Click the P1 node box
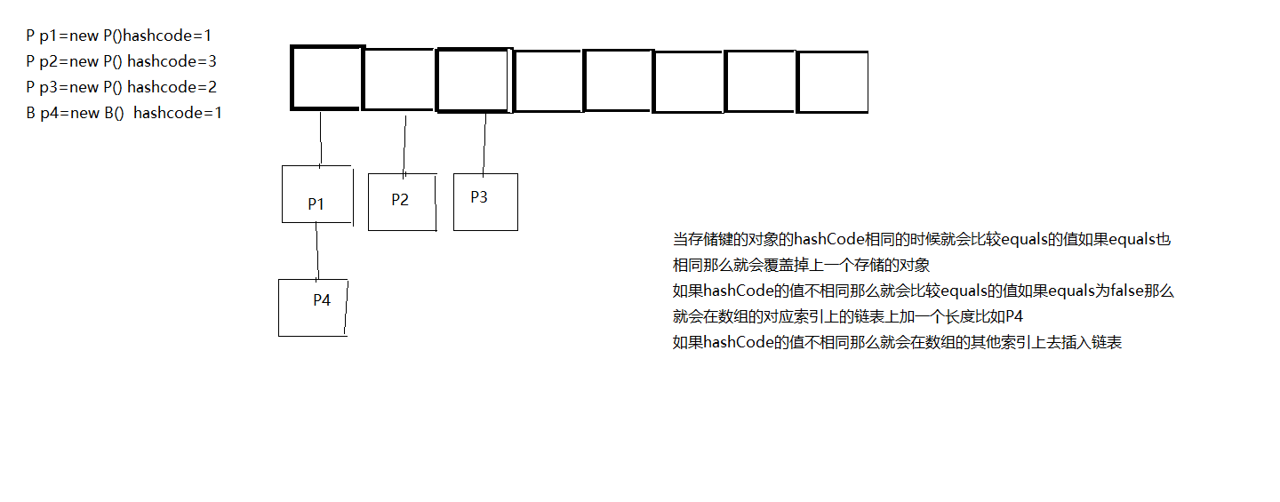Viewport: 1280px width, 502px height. (316, 194)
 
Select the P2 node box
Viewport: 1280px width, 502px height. (402, 202)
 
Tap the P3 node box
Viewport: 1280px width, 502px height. (485, 202)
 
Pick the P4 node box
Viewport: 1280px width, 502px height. (313, 307)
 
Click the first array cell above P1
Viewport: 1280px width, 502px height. (326, 77)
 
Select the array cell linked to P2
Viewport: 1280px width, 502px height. (399, 80)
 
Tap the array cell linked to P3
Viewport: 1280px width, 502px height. (474, 80)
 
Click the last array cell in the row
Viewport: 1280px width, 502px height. (832, 83)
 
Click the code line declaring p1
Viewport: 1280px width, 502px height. (119, 36)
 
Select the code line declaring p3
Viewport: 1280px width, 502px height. (122, 87)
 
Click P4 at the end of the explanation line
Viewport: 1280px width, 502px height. (1013, 316)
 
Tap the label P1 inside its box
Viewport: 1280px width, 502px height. (316, 203)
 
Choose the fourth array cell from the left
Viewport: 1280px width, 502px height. (548, 82)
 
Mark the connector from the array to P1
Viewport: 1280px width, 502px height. (320, 138)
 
